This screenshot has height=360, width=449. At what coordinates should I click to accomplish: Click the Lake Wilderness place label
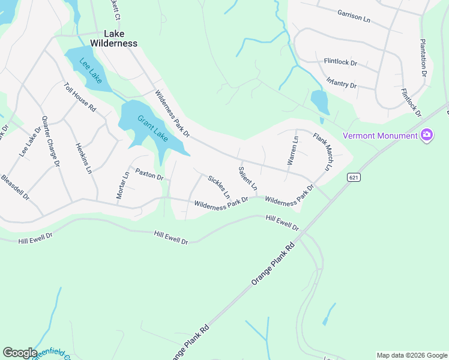(113, 38)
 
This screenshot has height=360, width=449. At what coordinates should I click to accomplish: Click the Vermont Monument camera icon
(427, 136)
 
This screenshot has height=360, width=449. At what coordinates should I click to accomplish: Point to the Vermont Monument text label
(380, 136)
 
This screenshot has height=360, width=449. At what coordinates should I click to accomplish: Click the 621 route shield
(352, 177)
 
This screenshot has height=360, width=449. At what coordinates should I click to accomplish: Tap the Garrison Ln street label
(354, 15)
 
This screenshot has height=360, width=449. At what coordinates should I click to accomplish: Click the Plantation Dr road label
(423, 58)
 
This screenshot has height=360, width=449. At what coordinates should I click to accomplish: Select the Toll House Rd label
(80, 98)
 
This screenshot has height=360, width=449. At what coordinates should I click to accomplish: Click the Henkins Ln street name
(83, 158)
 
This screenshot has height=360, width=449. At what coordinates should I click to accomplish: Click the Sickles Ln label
(218, 186)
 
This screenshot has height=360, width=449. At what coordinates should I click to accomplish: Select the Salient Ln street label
(247, 178)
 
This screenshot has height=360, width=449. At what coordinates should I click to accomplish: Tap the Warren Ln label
(292, 151)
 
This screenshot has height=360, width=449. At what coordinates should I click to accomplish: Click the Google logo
(20, 352)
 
